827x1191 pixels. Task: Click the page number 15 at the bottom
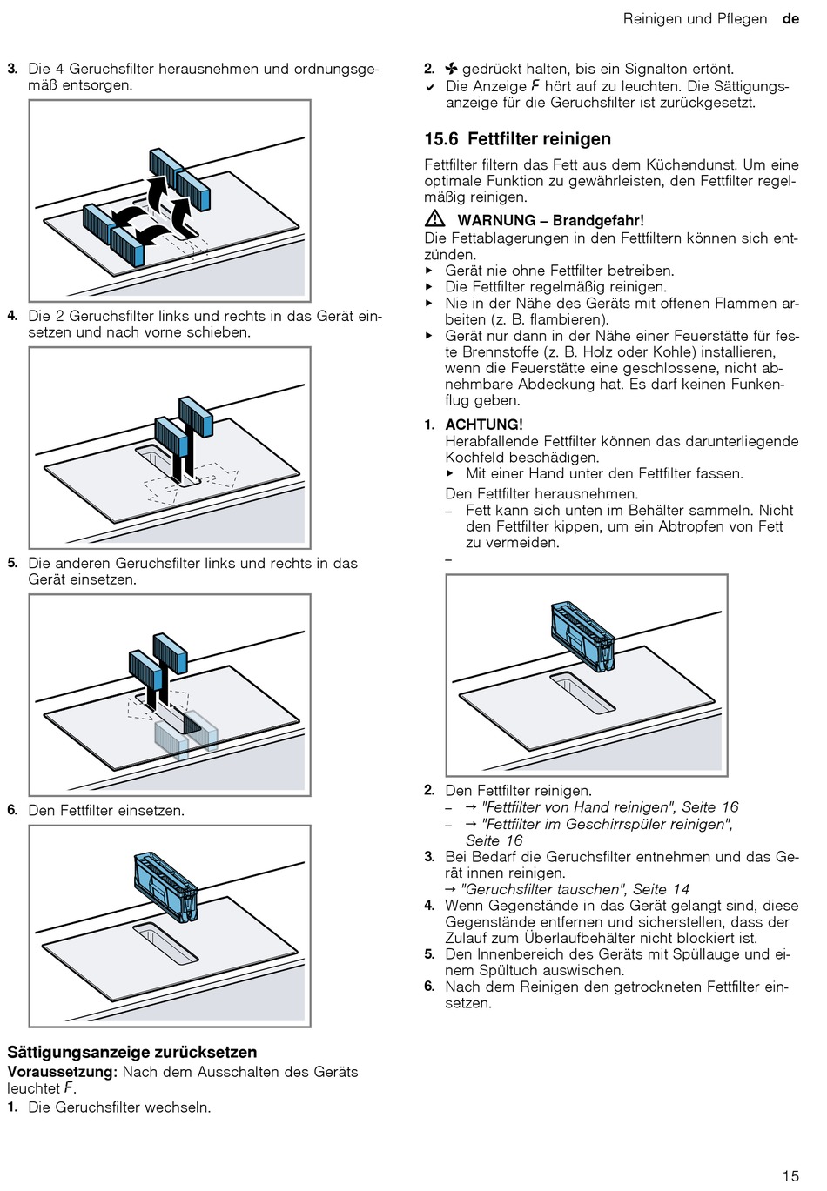(x=790, y=1175)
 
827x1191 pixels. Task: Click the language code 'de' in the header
(x=790, y=19)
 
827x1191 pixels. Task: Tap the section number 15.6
(x=441, y=139)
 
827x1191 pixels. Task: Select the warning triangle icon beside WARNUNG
(x=435, y=219)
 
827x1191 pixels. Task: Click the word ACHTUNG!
(x=484, y=425)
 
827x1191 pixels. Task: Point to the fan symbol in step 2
(x=451, y=69)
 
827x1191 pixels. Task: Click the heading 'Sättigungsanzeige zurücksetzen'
(x=132, y=1052)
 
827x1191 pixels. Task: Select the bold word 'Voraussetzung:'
(x=62, y=1072)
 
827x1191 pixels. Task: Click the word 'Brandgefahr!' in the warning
(x=598, y=220)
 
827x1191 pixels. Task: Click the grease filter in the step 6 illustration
(x=165, y=887)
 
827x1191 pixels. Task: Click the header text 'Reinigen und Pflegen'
(x=695, y=19)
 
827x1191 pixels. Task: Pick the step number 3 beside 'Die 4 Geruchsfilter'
(x=12, y=69)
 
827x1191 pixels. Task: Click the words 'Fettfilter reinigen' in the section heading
(x=539, y=139)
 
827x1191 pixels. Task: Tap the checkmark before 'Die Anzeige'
(x=430, y=87)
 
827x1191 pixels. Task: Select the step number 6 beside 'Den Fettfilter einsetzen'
(x=12, y=810)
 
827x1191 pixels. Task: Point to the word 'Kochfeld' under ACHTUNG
(x=474, y=458)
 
